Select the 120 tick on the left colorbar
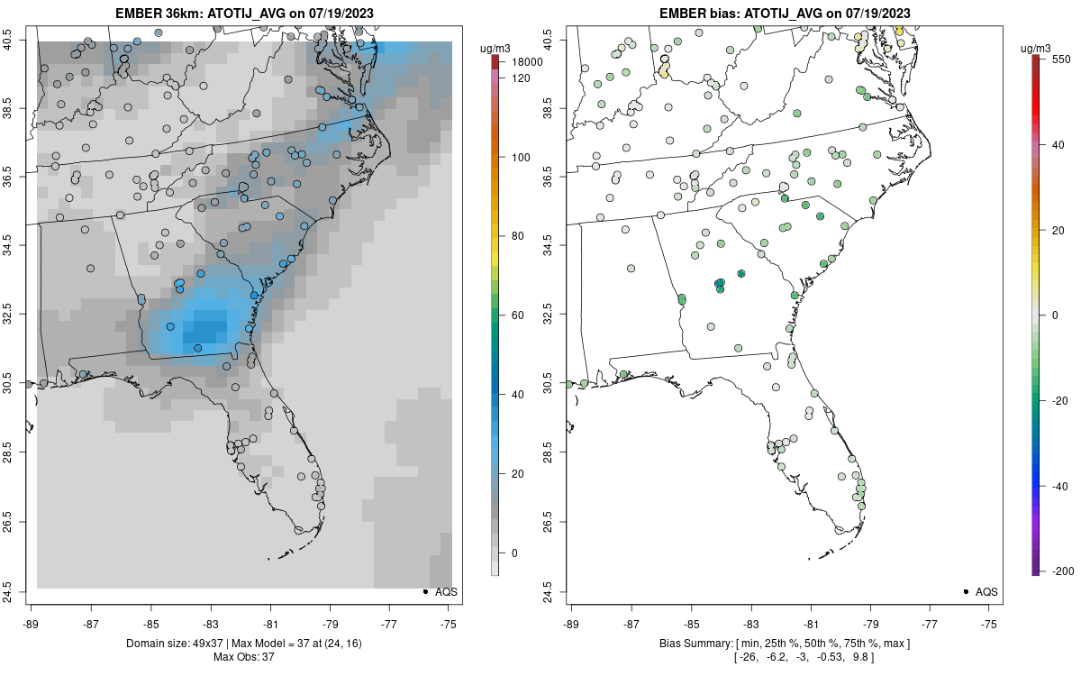click(x=520, y=78)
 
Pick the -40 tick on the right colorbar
click(x=1060, y=486)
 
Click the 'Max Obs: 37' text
click(x=243, y=657)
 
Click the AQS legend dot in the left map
click(x=424, y=591)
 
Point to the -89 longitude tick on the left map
click(x=32, y=623)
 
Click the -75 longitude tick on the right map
click(x=990, y=623)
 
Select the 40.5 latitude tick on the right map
click(x=549, y=41)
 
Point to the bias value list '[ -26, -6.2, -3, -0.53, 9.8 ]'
click(x=784, y=657)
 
